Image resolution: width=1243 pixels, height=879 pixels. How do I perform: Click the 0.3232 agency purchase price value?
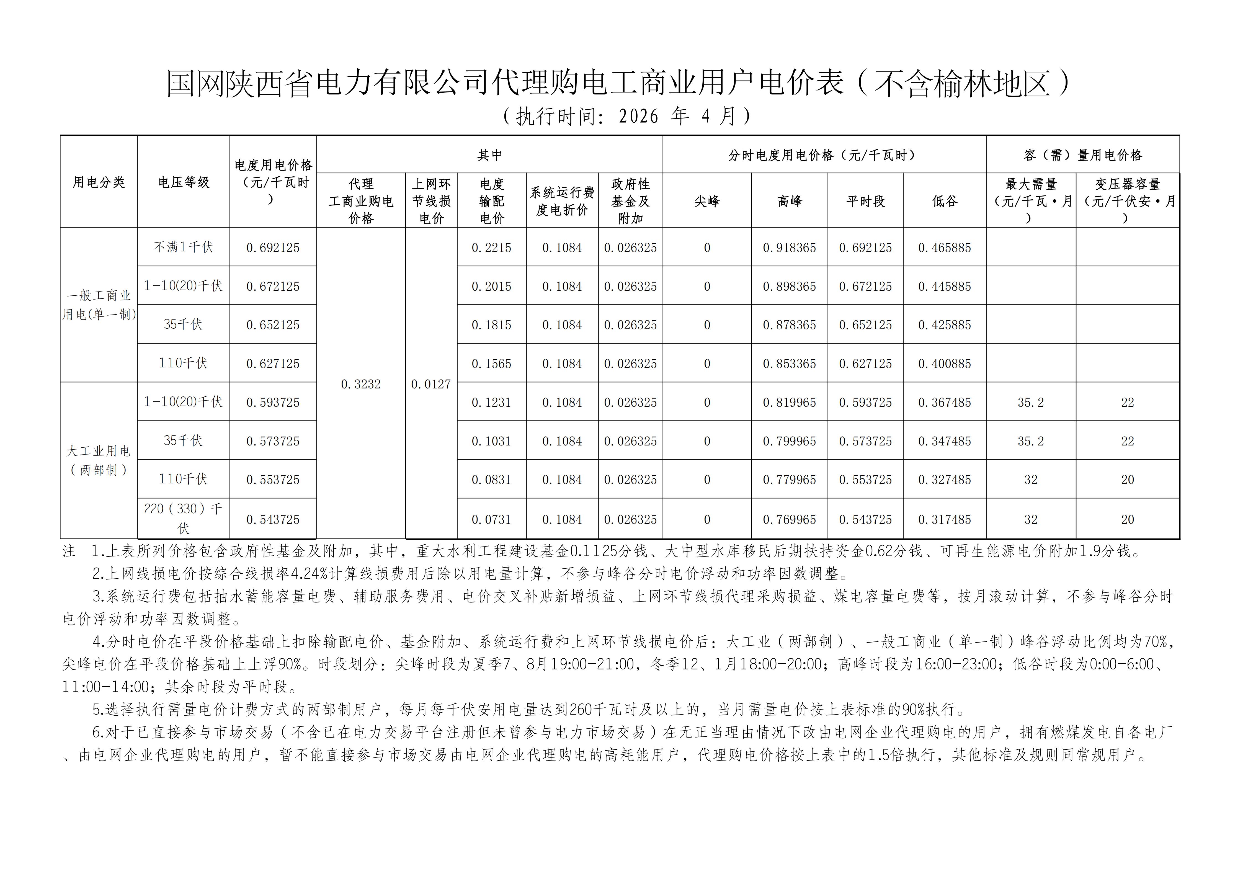tap(360, 384)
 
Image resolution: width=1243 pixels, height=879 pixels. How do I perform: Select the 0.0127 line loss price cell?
tap(431, 384)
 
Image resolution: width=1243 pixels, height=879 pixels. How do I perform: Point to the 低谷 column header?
tap(944, 201)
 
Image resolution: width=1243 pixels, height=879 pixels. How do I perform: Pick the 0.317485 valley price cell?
tap(944, 520)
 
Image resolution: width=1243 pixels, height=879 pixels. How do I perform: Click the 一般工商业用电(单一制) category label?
tap(99, 305)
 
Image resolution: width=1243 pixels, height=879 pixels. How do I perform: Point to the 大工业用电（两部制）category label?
tap(99, 461)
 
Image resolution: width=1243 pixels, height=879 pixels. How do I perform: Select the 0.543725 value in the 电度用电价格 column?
tap(273, 520)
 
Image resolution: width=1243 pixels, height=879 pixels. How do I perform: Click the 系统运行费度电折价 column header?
tap(562, 201)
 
